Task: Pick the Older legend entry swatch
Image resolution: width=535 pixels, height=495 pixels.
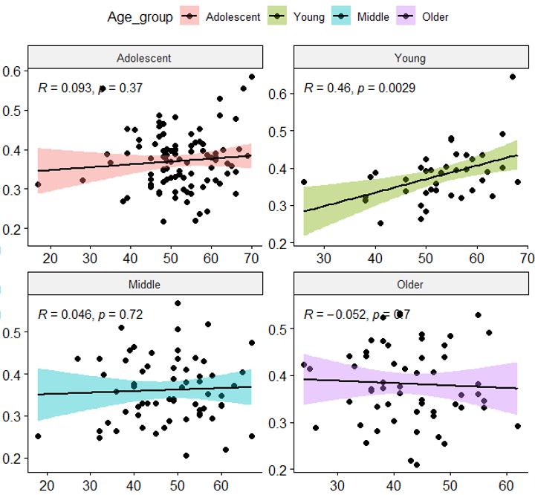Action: [x=408, y=16]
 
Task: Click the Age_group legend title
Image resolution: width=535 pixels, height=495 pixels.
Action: [x=140, y=16]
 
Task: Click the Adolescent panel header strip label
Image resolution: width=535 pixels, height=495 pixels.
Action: [x=146, y=57]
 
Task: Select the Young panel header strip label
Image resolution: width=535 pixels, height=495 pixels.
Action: [x=412, y=57]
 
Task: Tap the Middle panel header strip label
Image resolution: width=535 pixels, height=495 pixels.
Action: [x=146, y=284]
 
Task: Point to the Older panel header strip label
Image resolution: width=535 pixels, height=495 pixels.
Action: [x=412, y=284]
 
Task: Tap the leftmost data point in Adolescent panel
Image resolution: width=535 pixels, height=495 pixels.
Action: [x=38, y=184]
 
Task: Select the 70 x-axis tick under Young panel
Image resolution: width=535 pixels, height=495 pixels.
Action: [x=526, y=259]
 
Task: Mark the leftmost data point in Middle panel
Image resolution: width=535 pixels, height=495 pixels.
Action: [x=38, y=436]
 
